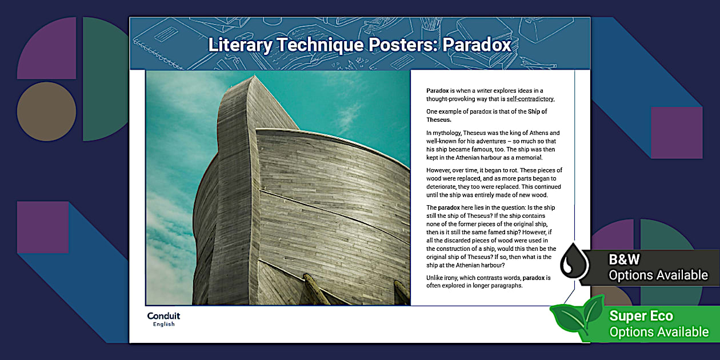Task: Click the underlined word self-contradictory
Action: pyautogui.click(x=531, y=99)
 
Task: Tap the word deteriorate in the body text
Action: pyautogui.click(x=443, y=187)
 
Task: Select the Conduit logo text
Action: pyautogui.click(x=163, y=316)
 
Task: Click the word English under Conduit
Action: pyautogui.click(x=163, y=325)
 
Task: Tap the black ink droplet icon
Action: pyautogui.click(x=574, y=263)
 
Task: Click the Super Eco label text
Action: pyautogui.click(x=641, y=316)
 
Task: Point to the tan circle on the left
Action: pyautogui.click(x=46, y=112)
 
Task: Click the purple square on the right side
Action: pyautogui.click(x=677, y=133)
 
